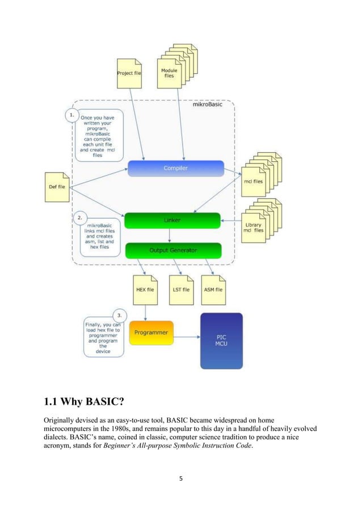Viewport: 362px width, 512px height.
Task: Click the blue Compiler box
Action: tap(175, 168)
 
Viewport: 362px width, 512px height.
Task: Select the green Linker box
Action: tap(172, 220)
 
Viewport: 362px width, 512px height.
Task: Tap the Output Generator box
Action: tap(172, 250)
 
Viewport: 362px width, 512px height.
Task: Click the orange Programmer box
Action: tap(151, 333)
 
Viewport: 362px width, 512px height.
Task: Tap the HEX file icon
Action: tap(146, 289)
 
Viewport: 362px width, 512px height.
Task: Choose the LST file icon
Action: tap(181, 289)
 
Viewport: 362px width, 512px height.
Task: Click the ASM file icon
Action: tap(213, 289)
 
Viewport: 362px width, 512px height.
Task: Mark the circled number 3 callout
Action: tap(119, 314)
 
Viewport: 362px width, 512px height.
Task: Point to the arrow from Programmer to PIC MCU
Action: tap(188, 333)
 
